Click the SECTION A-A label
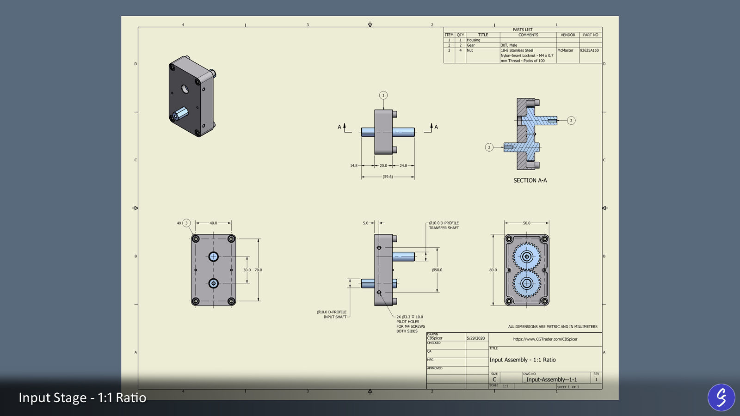point(530,180)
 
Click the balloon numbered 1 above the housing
point(383,95)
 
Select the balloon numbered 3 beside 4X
point(186,223)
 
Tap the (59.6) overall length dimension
point(388,177)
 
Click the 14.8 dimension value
point(354,165)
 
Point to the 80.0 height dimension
point(493,270)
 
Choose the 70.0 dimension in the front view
point(258,270)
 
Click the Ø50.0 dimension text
point(437,270)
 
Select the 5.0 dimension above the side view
point(366,223)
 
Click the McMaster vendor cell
point(565,50)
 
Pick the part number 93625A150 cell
point(589,50)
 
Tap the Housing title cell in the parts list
point(474,40)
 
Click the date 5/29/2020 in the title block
point(476,338)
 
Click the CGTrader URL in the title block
point(545,339)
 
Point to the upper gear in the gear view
point(527,257)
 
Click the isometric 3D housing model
point(192,96)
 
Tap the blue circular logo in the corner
point(721,397)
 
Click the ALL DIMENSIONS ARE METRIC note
point(553,326)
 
